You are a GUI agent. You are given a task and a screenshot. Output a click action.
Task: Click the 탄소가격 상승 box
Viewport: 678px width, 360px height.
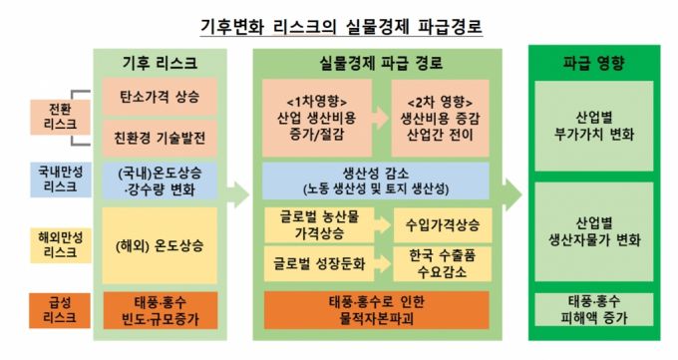tap(159, 98)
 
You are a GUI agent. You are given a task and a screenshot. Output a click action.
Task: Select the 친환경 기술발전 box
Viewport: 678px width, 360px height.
tap(159, 134)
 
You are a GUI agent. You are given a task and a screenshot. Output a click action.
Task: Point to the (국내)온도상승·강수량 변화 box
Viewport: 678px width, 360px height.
tap(159, 180)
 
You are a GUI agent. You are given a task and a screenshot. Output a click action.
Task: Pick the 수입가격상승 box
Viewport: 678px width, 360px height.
tap(441, 224)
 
